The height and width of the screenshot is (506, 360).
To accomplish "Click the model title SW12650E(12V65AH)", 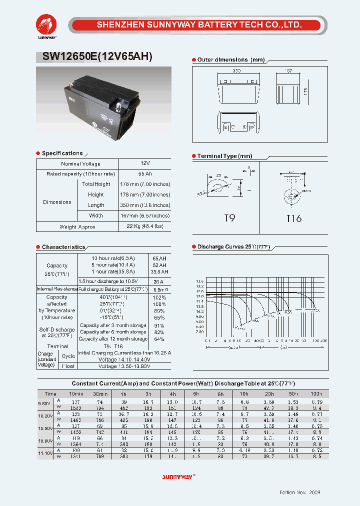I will point(94,57).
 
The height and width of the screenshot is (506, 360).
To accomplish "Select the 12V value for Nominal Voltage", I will point(144,163).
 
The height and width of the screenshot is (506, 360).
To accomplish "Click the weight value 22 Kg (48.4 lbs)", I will point(144,226).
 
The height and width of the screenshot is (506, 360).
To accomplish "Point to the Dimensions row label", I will point(57,202).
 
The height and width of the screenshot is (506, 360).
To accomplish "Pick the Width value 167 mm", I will point(144,215).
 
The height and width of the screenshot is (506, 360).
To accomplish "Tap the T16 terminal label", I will point(293,218).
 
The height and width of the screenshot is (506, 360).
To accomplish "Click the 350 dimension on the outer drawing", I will point(237,71).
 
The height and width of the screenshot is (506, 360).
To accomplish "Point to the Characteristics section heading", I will point(63,247).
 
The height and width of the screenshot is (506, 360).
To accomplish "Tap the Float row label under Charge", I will point(68,366).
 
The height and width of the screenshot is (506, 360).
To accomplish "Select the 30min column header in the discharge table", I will point(100,394).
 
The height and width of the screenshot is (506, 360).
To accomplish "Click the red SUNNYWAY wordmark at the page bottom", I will point(178,476).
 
